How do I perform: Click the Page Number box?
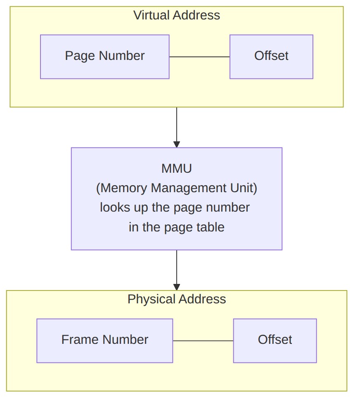[105, 57]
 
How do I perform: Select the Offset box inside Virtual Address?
[272, 57]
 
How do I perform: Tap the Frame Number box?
[105, 341]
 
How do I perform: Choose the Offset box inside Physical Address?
[275, 341]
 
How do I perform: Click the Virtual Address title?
[177, 15]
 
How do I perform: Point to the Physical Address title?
[177, 299]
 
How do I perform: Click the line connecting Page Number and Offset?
[199, 57]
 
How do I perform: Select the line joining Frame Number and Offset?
[203, 341]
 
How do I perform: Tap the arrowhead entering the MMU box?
[177, 144]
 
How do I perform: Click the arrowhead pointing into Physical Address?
[177, 287]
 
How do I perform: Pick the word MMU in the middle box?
[177, 169]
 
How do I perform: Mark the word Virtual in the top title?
[152, 15]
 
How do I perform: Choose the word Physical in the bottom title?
[152, 300]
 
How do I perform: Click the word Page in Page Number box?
[80, 56]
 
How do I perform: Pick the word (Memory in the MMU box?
[121, 188]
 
